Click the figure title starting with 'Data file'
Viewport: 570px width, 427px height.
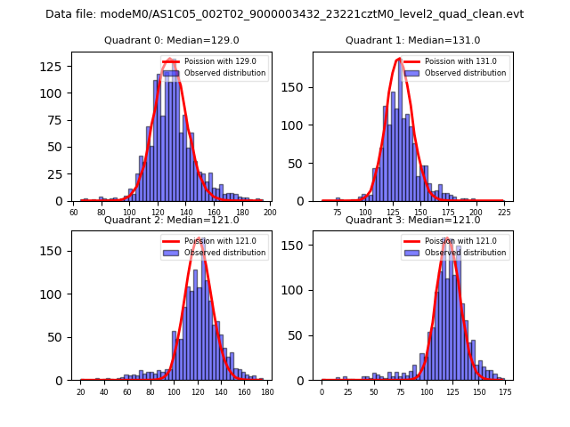coord(285,14)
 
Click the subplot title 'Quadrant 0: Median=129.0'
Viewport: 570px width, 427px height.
coord(171,41)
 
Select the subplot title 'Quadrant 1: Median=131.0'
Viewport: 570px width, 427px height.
coord(412,41)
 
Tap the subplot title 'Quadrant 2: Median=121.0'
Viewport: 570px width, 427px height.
coord(171,220)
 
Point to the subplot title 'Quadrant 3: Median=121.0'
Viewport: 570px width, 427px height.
coord(412,220)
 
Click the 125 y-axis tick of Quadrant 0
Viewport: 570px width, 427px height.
coord(55,67)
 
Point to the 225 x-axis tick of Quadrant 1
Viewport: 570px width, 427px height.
coord(503,213)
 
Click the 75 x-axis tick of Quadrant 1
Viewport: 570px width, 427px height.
coord(337,213)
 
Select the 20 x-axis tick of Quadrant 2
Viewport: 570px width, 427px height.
coord(81,392)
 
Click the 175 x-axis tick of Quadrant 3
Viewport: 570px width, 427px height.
coord(504,392)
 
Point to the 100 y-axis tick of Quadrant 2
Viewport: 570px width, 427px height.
coord(55,294)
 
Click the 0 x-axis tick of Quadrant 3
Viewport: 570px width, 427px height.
coord(322,392)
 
